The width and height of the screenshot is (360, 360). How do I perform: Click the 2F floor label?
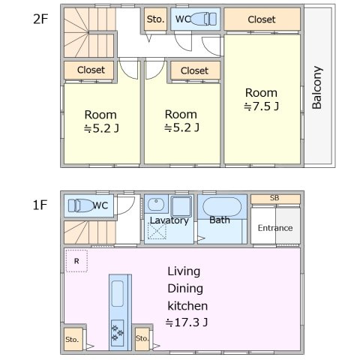click(40, 19)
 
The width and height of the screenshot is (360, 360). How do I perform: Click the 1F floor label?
click(40, 205)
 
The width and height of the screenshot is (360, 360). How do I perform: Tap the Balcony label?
click(317, 88)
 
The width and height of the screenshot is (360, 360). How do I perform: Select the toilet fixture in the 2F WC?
click(204, 19)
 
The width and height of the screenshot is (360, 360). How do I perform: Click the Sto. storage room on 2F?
click(155, 19)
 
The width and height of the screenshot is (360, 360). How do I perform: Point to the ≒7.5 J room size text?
click(261, 106)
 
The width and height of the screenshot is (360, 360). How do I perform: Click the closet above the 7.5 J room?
click(262, 19)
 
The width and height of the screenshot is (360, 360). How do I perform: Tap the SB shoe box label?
click(274, 198)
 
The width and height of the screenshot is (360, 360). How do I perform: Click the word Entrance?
click(275, 228)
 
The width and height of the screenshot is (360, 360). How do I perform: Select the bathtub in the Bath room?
click(222, 207)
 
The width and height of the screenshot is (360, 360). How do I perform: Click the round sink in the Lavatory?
click(156, 204)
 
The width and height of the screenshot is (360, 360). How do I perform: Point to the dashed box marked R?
click(76, 261)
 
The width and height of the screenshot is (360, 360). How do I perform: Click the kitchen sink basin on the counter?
click(117, 293)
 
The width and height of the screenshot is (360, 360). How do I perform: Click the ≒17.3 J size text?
click(187, 322)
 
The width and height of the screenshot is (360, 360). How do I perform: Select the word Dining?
click(185, 289)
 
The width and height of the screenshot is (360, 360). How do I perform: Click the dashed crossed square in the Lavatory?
click(157, 231)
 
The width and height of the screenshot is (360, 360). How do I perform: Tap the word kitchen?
click(187, 306)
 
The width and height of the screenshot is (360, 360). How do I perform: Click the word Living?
click(184, 271)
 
